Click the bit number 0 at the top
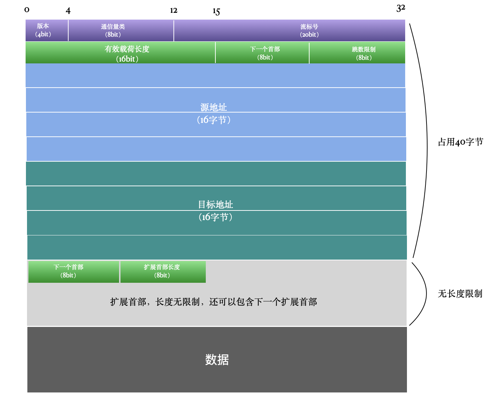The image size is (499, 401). click(27, 10)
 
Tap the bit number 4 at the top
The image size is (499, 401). click(68, 11)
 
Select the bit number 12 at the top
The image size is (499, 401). click(173, 11)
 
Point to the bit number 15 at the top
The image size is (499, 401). click(216, 12)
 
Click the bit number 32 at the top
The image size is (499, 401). click(401, 8)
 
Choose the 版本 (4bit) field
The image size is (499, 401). click(43, 30)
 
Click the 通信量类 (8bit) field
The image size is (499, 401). click(113, 31)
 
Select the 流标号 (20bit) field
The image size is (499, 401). click(309, 31)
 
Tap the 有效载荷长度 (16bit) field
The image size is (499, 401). click(127, 53)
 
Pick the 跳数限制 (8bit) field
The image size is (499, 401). click(364, 53)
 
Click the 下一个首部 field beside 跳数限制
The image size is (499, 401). click(265, 53)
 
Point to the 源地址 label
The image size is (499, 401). click(214, 108)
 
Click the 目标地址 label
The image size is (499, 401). click(215, 205)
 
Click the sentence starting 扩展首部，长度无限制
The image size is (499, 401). click(213, 302)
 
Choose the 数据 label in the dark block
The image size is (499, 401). click(217, 360)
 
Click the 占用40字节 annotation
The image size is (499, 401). click(460, 142)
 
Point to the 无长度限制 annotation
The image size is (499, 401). click(460, 294)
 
